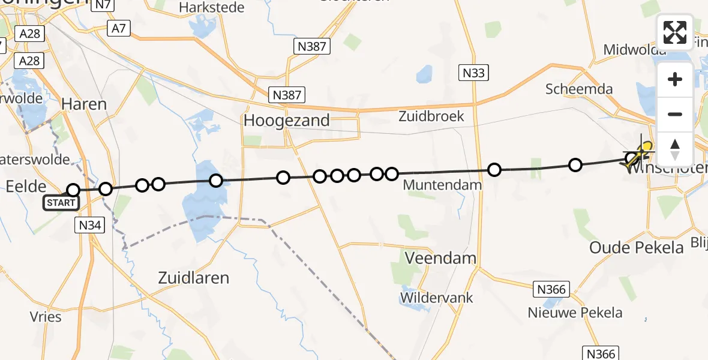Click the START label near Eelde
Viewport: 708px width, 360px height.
click(61, 203)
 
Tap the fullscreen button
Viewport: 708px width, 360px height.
click(675, 32)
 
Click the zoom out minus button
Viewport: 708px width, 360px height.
click(675, 114)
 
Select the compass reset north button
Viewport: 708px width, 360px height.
click(675, 149)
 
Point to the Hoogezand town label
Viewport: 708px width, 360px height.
click(287, 121)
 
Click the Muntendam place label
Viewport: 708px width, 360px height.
click(442, 185)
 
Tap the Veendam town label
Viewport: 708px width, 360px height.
click(441, 259)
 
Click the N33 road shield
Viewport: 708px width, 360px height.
click(474, 73)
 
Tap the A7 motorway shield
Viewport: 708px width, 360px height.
click(118, 28)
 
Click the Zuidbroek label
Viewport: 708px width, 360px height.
click(431, 116)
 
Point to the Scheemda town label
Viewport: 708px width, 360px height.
click(579, 89)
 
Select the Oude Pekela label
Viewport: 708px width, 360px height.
click(637, 247)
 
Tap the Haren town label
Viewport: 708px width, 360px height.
click(84, 104)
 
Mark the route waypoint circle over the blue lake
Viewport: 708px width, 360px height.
click(216, 181)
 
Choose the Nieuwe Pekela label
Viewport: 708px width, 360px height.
click(575, 313)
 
